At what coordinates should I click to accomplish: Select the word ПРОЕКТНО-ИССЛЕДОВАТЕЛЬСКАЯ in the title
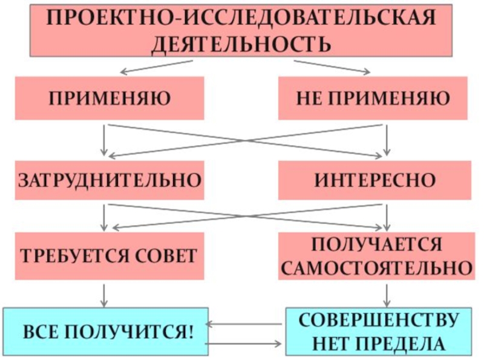241,19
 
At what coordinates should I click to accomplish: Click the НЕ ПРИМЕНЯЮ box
373,98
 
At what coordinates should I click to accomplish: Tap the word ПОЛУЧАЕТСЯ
376,246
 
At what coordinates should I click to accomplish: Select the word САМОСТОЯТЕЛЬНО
376,267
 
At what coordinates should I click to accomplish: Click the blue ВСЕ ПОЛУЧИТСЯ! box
106,332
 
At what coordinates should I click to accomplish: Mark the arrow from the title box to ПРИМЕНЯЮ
156,67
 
